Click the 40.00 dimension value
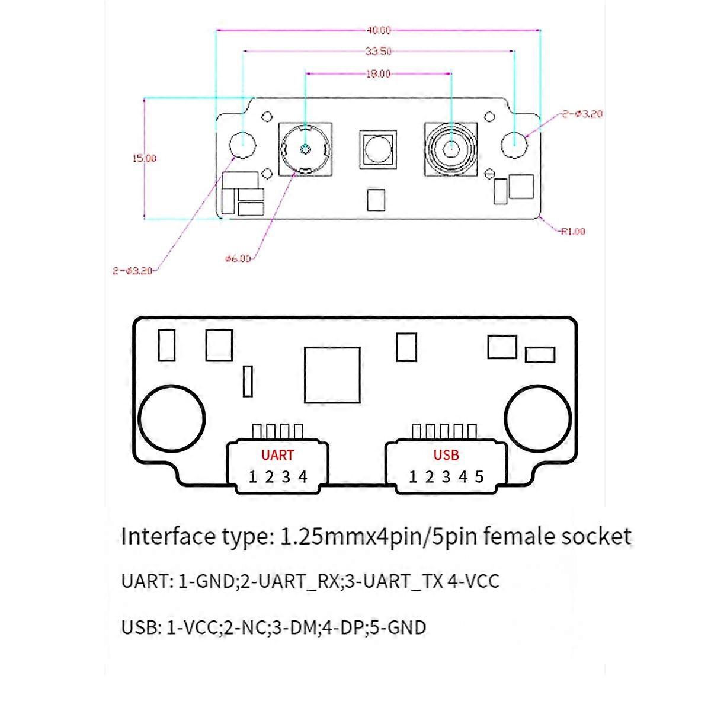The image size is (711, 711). click(x=378, y=30)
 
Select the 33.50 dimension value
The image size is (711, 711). click(x=378, y=52)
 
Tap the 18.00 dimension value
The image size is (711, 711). click(x=378, y=74)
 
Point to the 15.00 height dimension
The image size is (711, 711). click(x=144, y=158)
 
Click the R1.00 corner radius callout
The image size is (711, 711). click(x=572, y=231)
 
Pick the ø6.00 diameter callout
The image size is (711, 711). click(x=238, y=259)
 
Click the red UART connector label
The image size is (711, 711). click(x=277, y=455)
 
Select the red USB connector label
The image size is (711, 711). click(x=446, y=455)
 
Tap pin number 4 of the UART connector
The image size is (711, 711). click(x=303, y=477)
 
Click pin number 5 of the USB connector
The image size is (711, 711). click(x=479, y=477)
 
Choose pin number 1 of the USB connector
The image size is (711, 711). click(x=413, y=477)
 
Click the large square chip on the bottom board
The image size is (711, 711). click(x=332, y=375)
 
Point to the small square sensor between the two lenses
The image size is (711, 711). click(x=378, y=149)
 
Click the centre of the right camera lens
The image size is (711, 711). click(x=451, y=149)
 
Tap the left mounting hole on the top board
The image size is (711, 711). click(x=243, y=144)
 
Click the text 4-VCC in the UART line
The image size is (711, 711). click(x=473, y=581)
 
